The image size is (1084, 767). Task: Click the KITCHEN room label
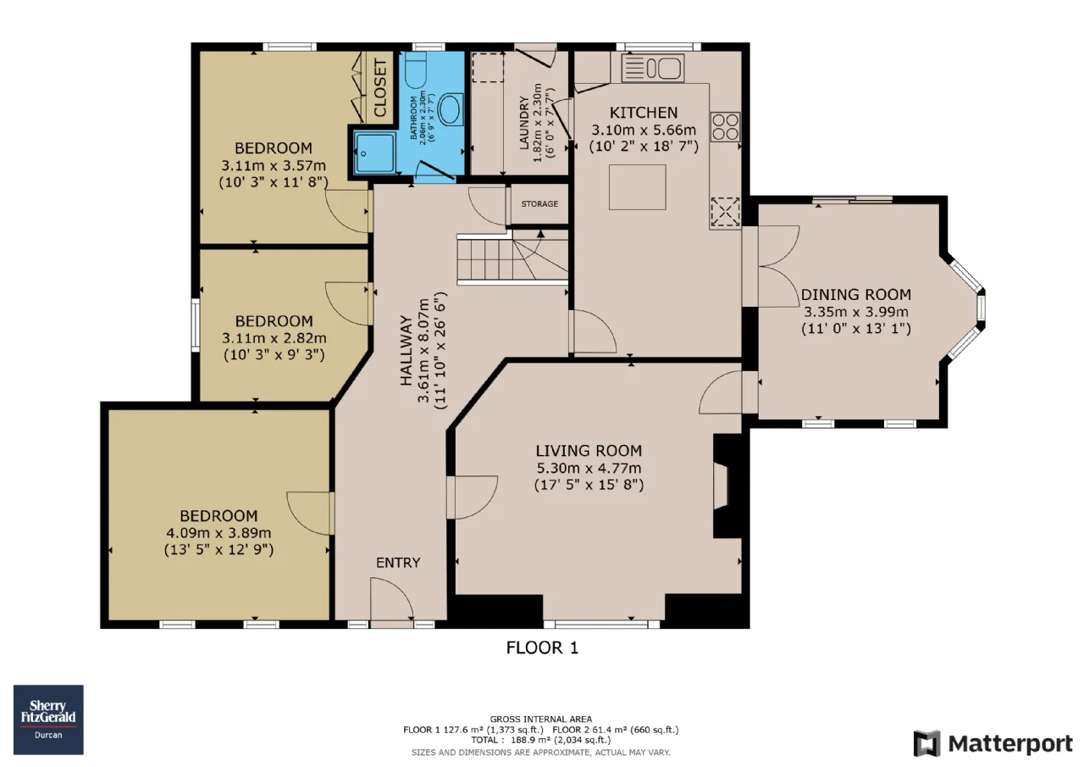643,113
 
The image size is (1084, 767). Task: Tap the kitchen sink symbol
653,68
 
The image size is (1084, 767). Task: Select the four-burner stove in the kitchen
725,127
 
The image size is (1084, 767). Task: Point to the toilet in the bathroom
415,69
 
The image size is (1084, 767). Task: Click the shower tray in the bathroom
374,153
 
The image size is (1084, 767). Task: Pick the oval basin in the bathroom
450,110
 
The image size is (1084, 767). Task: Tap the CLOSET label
380,87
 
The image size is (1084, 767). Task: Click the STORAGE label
539,204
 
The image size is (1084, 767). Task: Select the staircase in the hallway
512,257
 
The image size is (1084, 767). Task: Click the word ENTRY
398,563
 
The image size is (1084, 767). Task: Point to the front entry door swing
392,598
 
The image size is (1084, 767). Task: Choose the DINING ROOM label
856,294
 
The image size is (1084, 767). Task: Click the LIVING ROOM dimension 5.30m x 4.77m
589,468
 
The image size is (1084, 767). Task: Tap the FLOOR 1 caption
542,648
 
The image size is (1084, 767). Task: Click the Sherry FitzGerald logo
48,720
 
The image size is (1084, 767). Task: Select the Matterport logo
993,743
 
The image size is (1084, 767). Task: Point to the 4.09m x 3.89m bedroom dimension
218,533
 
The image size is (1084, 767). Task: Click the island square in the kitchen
638,187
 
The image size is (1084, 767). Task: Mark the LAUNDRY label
524,123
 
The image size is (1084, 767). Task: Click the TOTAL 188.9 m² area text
541,740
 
